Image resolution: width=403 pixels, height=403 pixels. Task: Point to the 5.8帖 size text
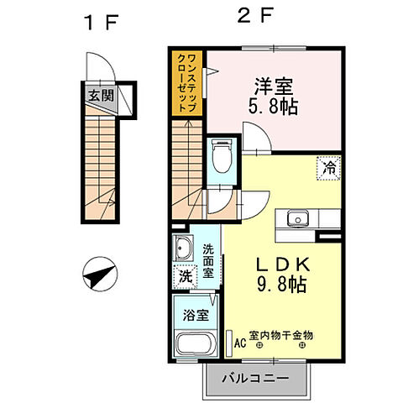click(274, 107)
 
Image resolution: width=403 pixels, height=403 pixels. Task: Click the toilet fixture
click(221, 154)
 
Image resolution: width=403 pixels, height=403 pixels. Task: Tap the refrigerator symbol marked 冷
click(329, 168)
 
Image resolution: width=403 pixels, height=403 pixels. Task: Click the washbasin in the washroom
click(184, 249)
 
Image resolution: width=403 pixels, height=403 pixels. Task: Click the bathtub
click(195, 344)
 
